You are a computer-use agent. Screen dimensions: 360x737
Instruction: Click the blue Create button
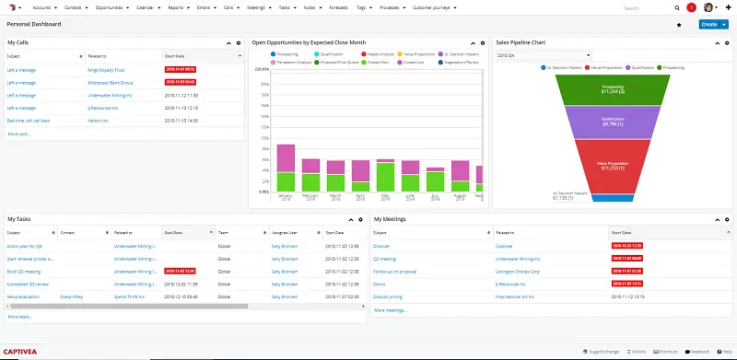tap(708, 24)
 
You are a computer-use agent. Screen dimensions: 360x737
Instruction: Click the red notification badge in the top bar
tap(691, 6)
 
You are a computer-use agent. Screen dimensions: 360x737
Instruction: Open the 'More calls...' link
tap(18, 134)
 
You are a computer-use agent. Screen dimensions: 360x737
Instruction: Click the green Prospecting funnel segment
tap(614, 89)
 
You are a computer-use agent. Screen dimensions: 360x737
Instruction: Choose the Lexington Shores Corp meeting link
tap(524, 273)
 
